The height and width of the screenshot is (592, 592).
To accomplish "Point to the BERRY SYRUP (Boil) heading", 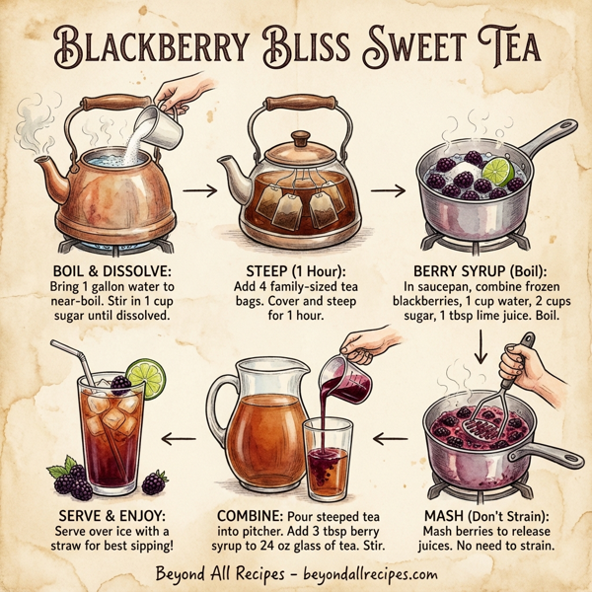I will [x=483, y=268].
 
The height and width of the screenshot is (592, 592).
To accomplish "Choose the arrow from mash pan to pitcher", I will [x=392, y=434].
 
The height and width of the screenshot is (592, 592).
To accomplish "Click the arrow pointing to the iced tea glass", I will [x=180, y=434].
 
